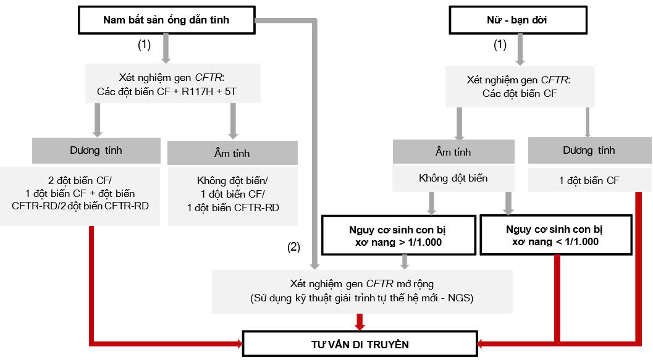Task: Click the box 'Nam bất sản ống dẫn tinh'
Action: [166, 20]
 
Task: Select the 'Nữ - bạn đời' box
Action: [517, 20]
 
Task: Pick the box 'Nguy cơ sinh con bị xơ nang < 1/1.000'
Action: [555, 235]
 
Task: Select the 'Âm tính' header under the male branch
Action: [232, 152]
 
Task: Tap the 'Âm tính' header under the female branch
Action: [453, 152]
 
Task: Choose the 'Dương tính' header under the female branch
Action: [589, 150]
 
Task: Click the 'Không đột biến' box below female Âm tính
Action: [453, 178]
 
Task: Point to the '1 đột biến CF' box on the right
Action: [589, 180]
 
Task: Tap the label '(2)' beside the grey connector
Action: [294, 247]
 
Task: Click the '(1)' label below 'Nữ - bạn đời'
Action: [500, 44]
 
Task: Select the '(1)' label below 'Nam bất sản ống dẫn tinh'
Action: [144, 44]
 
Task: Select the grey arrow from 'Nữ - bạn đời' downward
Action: [520, 49]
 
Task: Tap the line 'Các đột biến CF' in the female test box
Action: [517, 94]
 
